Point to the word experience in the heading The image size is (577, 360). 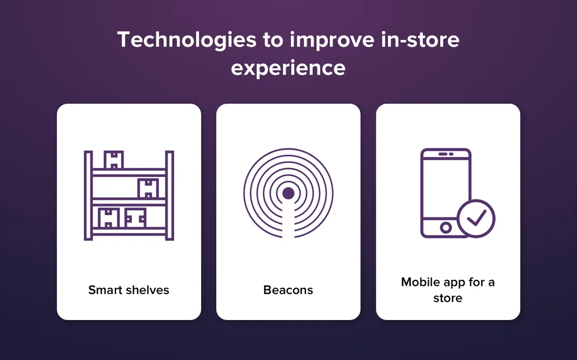point(288,68)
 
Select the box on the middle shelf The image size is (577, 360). point(148,189)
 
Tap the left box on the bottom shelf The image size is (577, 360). point(109,218)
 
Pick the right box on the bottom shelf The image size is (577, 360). point(135,218)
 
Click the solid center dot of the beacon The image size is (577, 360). point(288,193)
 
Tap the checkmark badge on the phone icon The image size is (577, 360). point(476,218)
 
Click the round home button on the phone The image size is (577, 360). point(446,228)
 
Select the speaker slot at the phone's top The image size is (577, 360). point(446,154)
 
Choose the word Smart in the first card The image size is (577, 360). point(105,290)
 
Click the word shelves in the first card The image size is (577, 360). point(148,290)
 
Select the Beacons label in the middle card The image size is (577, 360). point(288,290)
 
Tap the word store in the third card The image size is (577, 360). point(448,298)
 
